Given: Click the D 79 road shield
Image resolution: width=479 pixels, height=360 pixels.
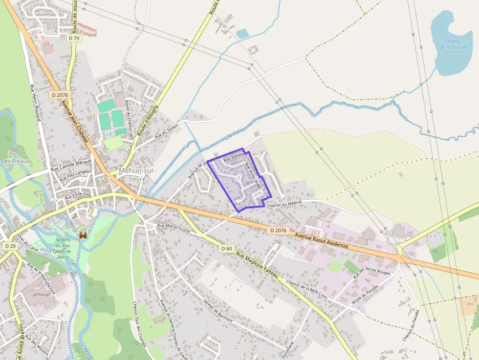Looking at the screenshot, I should coord(74,38).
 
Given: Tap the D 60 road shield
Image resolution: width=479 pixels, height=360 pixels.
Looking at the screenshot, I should coord(226,249).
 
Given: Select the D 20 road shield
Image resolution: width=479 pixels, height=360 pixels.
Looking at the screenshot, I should coord(10,246).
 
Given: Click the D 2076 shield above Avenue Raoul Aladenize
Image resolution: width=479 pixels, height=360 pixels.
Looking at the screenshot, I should coord(278,230).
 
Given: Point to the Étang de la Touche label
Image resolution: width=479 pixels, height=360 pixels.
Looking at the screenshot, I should coord(453,44).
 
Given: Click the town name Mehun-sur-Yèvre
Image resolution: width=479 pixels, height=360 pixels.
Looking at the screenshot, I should coord(137,174).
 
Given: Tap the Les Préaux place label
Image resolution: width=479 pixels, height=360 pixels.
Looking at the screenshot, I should coord(16,161).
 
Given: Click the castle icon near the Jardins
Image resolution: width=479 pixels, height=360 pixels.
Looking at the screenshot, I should coord(83,235).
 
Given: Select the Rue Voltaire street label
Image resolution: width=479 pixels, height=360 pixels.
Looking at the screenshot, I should coord(233,157).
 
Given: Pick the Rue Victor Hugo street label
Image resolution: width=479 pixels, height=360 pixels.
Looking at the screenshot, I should coord(253,176).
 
